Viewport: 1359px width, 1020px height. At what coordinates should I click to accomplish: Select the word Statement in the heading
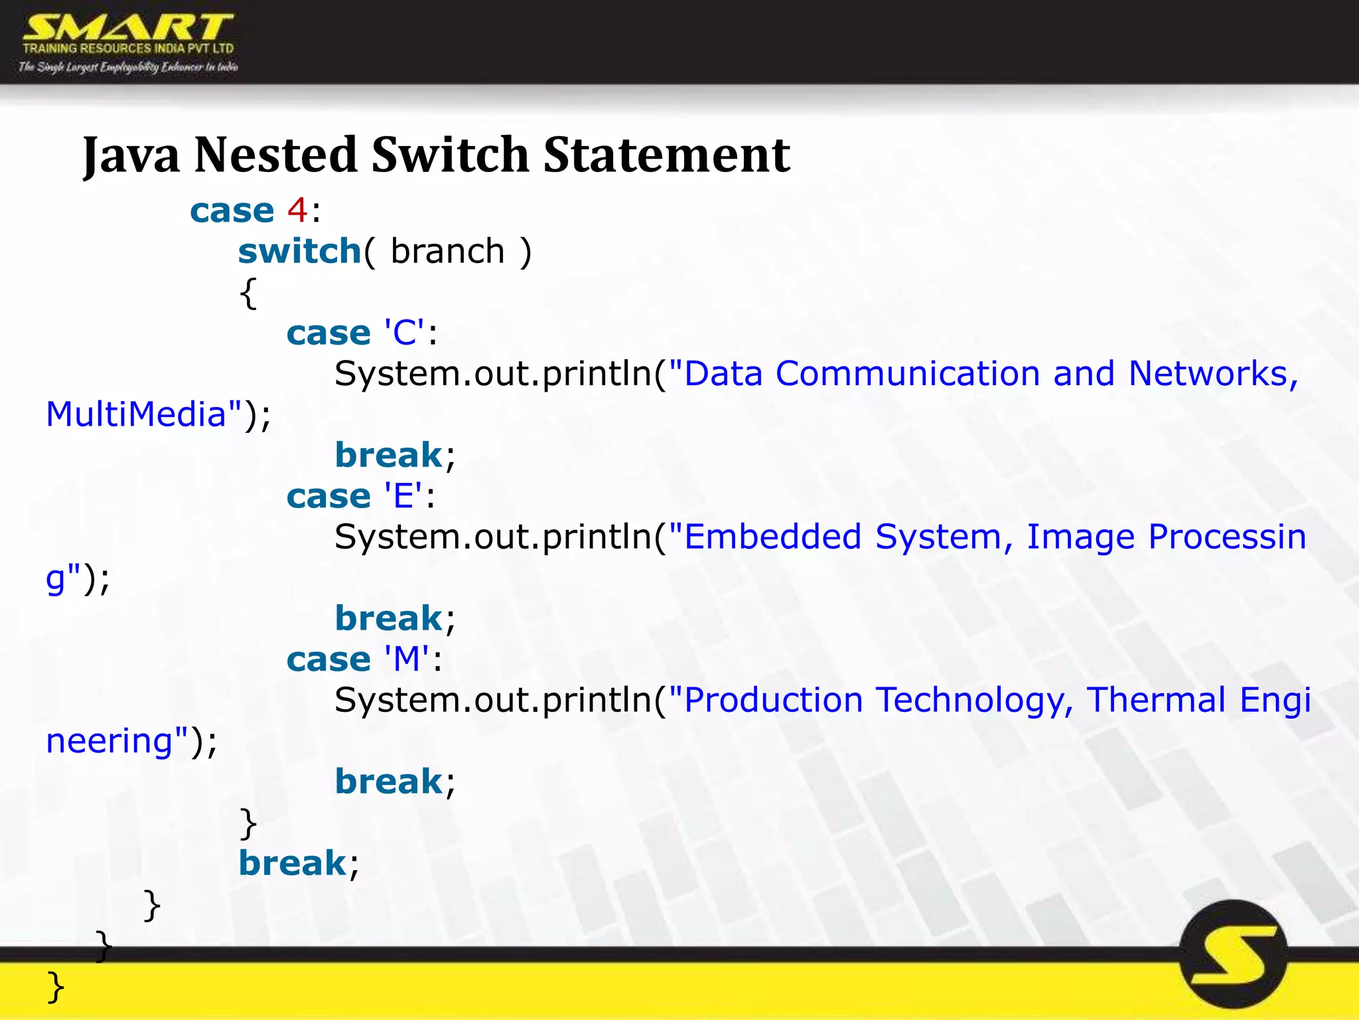pos(666,155)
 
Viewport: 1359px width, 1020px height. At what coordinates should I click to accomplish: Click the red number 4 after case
pos(297,211)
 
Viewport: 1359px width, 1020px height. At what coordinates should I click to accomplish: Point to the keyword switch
pos(299,252)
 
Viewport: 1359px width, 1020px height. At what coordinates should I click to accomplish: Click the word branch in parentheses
pos(447,252)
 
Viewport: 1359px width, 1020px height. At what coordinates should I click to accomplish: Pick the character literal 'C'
pos(403,333)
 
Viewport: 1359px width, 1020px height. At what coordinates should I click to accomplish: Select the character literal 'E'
pos(403,496)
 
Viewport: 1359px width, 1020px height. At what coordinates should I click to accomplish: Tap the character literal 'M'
pos(406,659)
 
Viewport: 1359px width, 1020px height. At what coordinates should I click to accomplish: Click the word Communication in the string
pos(907,374)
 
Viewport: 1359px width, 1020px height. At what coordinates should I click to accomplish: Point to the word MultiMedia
pos(136,414)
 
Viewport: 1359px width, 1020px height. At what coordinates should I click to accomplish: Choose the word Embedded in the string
pos(772,537)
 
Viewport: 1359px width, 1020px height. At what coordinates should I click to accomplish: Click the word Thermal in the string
pos(1155,700)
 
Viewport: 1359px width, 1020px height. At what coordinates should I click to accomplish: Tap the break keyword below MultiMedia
pos(388,456)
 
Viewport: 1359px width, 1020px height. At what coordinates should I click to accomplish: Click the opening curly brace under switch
pos(248,293)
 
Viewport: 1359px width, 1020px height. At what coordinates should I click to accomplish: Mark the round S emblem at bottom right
pos(1234,954)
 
